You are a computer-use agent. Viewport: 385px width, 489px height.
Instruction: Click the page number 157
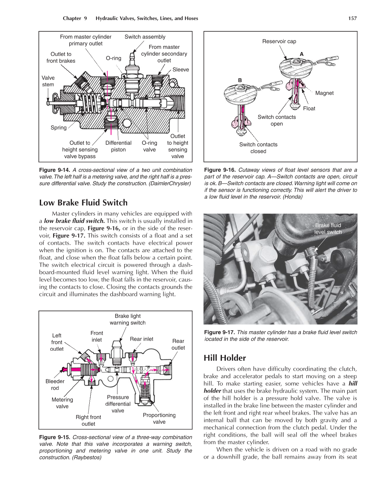pyautogui.click(x=352, y=18)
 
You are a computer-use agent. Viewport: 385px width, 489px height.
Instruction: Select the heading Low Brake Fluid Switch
pyautogui.click(x=83, y=203)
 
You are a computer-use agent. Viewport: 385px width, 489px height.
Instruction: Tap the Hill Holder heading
pyautogui.click(x=225, y=358)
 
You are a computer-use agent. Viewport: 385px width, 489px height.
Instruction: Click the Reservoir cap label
pyautogui.click(x=279, y=41)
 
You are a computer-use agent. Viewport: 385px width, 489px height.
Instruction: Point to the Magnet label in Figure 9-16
pyautogui.click(x=324, y=93)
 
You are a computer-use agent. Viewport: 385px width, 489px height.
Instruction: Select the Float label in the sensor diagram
pyautogui.click(x=309, y=108)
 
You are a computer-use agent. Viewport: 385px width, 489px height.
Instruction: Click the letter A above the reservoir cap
pyautogui.click(x=302, y=54)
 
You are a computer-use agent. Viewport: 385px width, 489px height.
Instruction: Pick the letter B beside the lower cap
pyautogui.click(x=240, y=80)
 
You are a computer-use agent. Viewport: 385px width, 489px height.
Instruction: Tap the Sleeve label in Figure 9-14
pyautogui.click(x=181, y=69)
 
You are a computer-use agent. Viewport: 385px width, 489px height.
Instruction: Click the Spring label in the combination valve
pyautogui.click(x=59, y=128)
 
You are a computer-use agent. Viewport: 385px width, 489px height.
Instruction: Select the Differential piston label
pyautogui.click(x=118, y=146)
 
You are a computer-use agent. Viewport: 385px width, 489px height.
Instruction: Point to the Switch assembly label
pyautogui.click(x=145, y=37)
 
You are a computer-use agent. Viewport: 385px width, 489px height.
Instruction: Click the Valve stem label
pyautogui.click(x=48, y=81)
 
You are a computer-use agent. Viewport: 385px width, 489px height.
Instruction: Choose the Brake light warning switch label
pyautogui.click(x=128, y=319)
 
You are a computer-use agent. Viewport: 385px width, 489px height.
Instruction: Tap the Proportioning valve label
pyautogui.click(x=159, y=418)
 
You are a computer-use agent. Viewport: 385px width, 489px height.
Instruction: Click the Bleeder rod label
pyautogui.click(x=55, y=385)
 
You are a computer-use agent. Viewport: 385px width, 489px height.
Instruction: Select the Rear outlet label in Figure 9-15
pyautogui.click(x=178, y=344)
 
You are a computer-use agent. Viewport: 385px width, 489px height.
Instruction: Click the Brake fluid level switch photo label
pyautogui.click(x=328, y=229)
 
